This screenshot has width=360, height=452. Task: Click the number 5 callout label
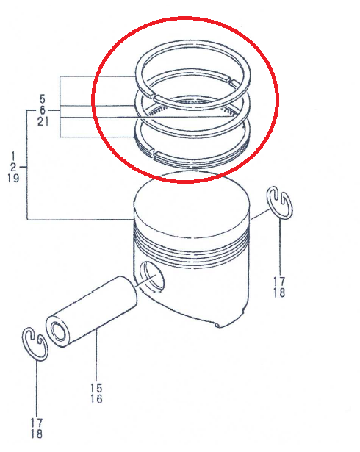coord(43,98)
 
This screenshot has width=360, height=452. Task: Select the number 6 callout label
coord(43,110)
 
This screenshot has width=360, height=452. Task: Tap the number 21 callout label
coord(43,121)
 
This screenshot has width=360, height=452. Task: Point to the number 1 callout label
coord(13,157)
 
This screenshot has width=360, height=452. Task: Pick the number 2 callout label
coord(13,168)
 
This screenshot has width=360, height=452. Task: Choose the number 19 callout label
coord(13,179)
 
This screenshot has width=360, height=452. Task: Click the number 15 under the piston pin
coord(97,388)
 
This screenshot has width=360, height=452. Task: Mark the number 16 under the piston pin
coord(97,399)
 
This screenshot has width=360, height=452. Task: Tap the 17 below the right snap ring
coord(280,281)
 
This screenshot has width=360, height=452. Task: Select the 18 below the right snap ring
coord(280,293)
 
